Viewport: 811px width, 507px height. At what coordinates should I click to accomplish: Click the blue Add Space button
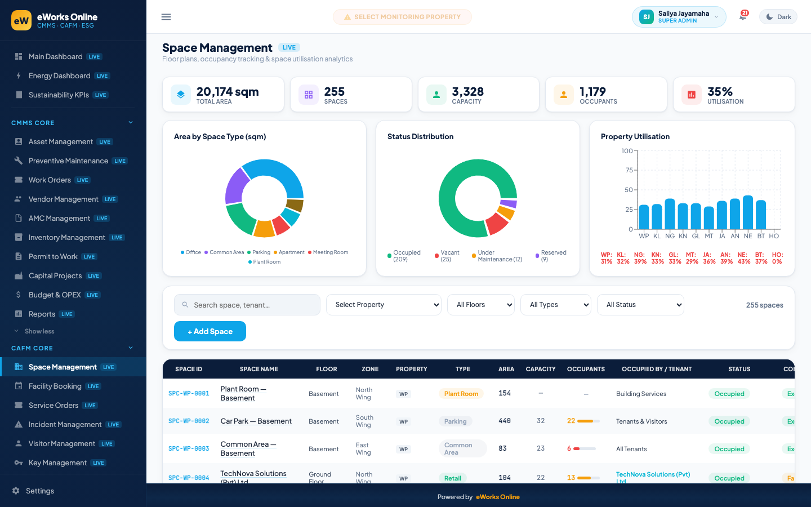point(210,331)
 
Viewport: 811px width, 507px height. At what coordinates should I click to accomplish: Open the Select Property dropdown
point(384,305)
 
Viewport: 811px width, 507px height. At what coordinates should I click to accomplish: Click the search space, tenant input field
point(247,305)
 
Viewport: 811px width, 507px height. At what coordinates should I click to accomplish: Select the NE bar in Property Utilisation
point(748,212)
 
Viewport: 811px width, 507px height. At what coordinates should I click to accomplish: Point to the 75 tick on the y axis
point(629,170)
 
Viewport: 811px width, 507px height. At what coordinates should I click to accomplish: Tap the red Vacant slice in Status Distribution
point(497,224)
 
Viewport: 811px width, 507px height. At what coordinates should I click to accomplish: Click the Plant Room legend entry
point(264,262)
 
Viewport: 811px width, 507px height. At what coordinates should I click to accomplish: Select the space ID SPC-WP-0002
point(189,421)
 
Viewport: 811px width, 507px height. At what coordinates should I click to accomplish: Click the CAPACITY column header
point(541,369)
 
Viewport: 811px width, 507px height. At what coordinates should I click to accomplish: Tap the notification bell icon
point(743,17)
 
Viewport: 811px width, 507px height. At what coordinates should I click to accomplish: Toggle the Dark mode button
point(778,17)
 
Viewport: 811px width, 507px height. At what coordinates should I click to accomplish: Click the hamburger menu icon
point(166,17)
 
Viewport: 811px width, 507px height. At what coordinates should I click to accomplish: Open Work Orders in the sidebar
point(50,180)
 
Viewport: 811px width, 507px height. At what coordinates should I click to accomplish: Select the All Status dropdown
point(640,305)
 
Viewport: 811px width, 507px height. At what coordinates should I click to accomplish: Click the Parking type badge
point(456,421)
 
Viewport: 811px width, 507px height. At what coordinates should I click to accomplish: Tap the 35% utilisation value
point(720,91)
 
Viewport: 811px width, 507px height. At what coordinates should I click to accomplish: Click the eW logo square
point(21,20)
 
